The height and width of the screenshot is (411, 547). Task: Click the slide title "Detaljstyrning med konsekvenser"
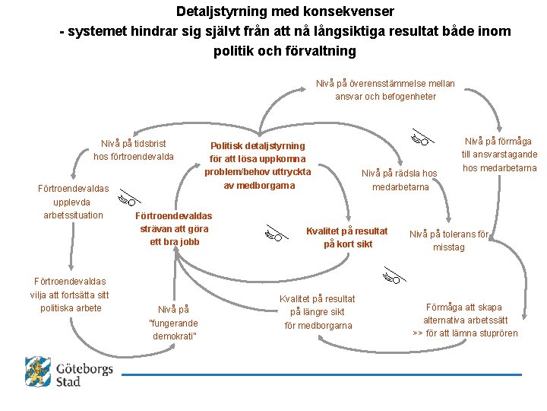(x=285, y=12)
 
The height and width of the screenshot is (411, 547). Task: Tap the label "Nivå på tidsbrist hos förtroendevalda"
(x=134, y=150)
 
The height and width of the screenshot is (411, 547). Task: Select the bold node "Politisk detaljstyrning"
(x=258, y=145)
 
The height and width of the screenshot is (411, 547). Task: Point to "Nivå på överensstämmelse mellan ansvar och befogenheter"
(x=385, y=90)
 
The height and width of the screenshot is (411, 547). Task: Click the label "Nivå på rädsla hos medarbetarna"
(x=400, y=180)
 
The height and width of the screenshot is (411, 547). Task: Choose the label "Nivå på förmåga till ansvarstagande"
(x=498, y=154)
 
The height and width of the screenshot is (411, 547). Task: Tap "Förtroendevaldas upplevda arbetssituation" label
(x=73, y=202)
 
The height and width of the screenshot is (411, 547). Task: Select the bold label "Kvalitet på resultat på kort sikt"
(x=346, y=237)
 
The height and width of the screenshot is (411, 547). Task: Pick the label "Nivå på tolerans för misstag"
(x=449, y=241)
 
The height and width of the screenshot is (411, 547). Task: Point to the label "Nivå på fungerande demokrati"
(x=173, y=323)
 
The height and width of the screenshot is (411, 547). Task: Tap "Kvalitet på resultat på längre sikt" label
(x=318, y=312)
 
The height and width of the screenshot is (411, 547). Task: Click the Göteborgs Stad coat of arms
(x=37, y=372)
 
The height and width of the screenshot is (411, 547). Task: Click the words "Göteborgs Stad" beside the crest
(x=84, y=374)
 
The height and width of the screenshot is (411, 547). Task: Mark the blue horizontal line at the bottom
(x=322, y=374)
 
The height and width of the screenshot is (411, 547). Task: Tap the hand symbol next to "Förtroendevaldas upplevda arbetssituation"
(x=127, y=200)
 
